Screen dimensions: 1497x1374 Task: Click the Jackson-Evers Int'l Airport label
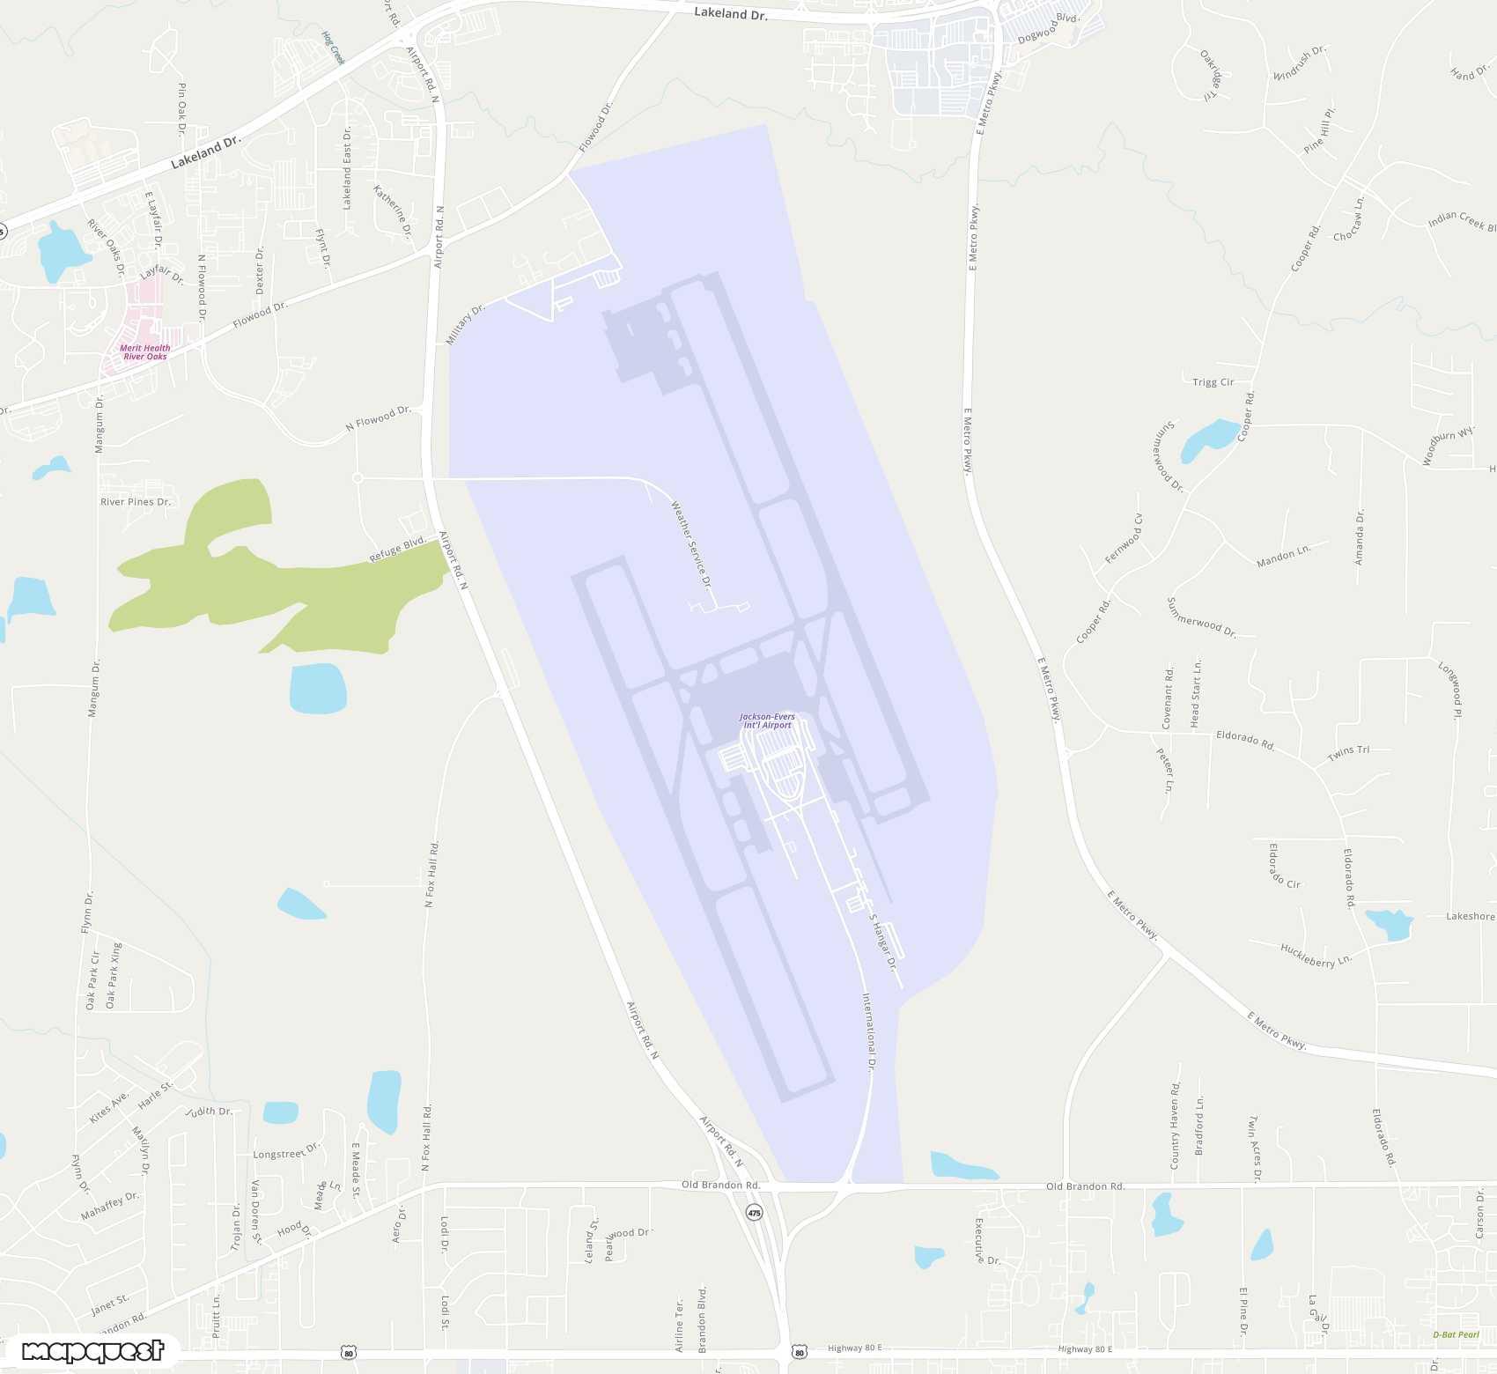click(767, 721)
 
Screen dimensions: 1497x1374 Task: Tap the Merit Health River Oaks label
click(145, 352)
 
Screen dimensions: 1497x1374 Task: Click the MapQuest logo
click(92, 1351)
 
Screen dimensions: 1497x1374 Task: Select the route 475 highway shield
click(754, 1213)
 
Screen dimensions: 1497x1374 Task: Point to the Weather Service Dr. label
click(691, 544)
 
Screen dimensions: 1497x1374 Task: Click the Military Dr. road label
click(465, 325)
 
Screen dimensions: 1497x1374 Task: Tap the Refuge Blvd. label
click(397, 549)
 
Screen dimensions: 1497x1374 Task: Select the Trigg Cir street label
click(1213, 382)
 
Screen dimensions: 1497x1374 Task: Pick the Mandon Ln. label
click(1283, 555)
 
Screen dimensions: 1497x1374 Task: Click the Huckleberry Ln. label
click(1316, 956)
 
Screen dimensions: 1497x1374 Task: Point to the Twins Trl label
click(1348, 753)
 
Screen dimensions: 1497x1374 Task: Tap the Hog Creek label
click(333, 48)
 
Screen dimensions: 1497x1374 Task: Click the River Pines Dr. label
click(136, 502)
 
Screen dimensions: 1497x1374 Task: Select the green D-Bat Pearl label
click(1456, 1334)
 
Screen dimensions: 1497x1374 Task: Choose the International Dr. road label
click(868, 1031)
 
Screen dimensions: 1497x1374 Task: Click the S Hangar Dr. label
click(883, 942)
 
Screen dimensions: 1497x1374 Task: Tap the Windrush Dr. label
click(1299, 63)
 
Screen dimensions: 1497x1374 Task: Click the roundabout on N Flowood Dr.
click(358, 478)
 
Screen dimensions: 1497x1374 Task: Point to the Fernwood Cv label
click(1124, 539)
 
